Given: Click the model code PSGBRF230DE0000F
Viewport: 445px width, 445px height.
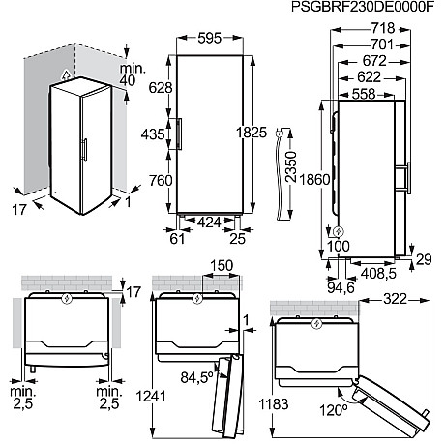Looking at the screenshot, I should point(369,8).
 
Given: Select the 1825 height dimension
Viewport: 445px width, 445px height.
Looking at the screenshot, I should point(254,133).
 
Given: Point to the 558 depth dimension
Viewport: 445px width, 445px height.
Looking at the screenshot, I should point(363,94).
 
